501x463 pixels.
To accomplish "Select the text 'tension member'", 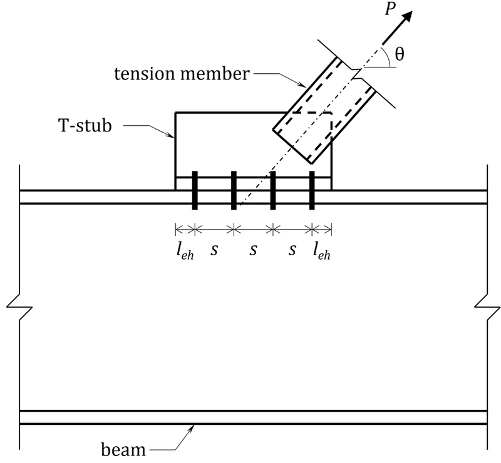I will (x=182, y=74).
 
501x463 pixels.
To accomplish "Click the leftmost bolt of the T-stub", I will (x=195, y=190).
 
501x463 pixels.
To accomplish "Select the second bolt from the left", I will (x=234, y=190).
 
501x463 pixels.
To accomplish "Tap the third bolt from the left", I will (x=272, y=190).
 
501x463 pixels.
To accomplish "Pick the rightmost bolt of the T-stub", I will (x=311, y=190).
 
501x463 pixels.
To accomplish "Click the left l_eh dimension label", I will (x=185, y=251).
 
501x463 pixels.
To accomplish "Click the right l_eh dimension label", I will (x=321, y=251).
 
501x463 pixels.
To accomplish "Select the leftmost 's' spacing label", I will (x=214, y=250).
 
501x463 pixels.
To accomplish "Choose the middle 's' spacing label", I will (x=253, y=250).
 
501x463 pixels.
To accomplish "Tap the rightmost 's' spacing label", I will (x=292, y=250).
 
